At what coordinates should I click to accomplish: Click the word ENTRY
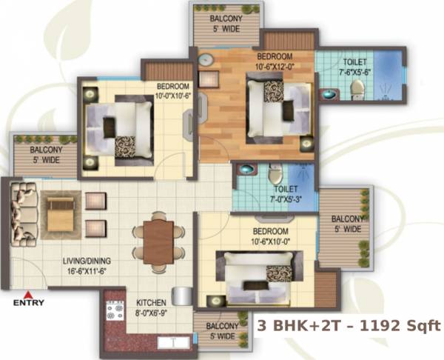click(x=29, y=302)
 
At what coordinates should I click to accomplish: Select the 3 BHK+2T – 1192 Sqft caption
click(x=349, y=325)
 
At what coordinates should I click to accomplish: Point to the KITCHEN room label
click(x=150, y=302)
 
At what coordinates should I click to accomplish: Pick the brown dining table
click(x=158, y=242)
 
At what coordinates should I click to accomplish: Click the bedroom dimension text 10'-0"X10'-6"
click(x=173, y=95)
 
